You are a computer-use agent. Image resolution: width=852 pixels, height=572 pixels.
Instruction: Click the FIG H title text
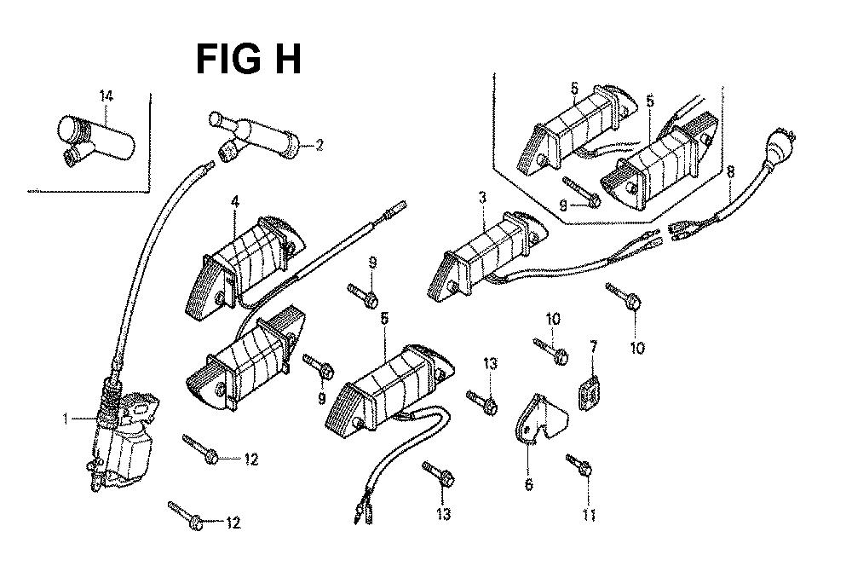tap(248, 61)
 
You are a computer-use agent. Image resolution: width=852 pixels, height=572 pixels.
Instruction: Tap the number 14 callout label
tap(106, 97)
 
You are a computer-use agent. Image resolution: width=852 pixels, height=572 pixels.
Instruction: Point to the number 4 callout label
tap(234, 202)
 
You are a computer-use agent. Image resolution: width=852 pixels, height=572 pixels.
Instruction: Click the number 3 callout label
tap(482, 199)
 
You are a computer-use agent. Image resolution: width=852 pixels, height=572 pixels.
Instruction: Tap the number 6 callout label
tap(528, 485)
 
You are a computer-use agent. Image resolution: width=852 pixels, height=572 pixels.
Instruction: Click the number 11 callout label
tap(590, 514)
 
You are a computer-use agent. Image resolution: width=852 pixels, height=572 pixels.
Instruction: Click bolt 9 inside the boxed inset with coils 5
tap(583, 192)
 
